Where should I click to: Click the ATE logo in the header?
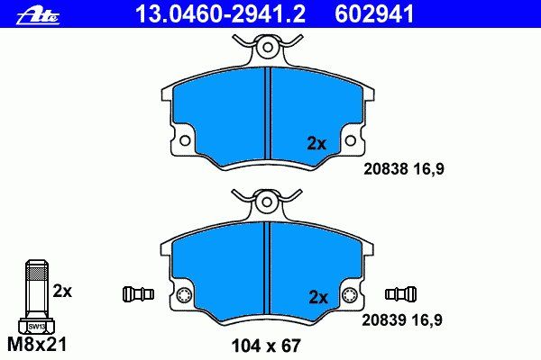pos(38,15)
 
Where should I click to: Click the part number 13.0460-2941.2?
pos(221,14)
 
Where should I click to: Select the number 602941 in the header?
pos(374,14)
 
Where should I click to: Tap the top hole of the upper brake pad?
pos(268,47)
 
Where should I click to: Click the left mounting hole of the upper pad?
pos(185,140)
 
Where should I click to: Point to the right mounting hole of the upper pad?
pos(350,140)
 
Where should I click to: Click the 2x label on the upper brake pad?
pos(316,143)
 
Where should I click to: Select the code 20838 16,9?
pos(404,169)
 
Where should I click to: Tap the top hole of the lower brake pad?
pos(267,202)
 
